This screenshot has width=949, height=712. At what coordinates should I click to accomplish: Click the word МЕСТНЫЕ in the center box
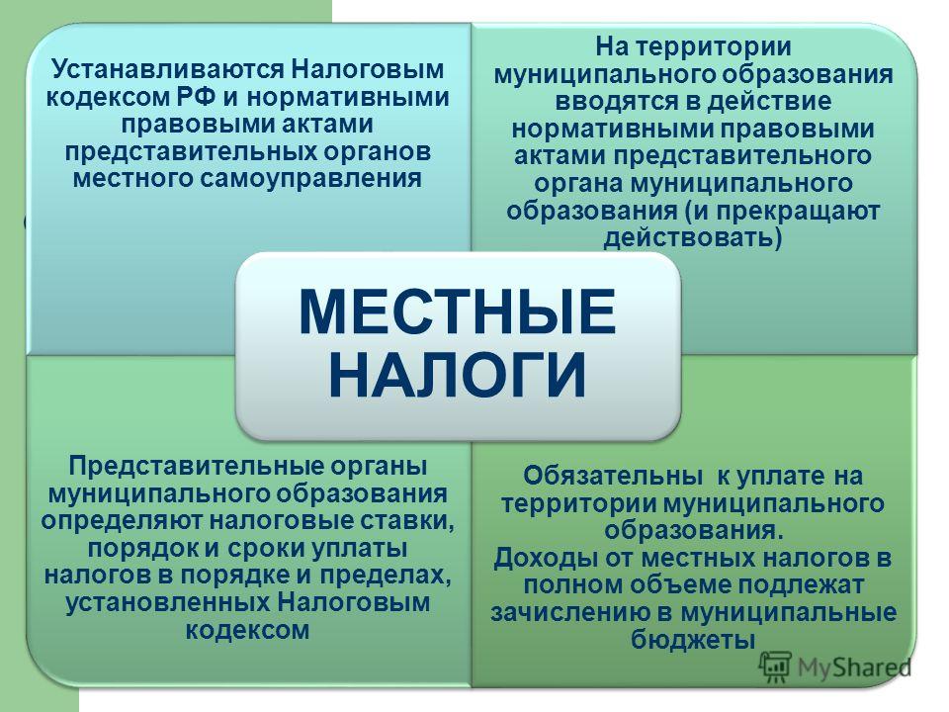[458, 312]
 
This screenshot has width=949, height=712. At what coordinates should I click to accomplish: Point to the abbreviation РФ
[199, 97]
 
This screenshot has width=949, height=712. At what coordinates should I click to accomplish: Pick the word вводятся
[617, 102]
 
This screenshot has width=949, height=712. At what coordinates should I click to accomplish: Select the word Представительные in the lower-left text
[196, 467]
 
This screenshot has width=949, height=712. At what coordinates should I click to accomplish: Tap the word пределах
[386, 576]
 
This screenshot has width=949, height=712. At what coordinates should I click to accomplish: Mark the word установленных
[168, 603]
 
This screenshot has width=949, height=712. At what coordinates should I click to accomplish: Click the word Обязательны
[613, 476]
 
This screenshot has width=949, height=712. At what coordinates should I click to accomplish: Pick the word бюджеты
[692, 640]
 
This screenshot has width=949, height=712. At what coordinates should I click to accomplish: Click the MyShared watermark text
[854, 667]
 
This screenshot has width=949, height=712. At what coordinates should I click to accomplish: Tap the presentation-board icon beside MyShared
[775, 667]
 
